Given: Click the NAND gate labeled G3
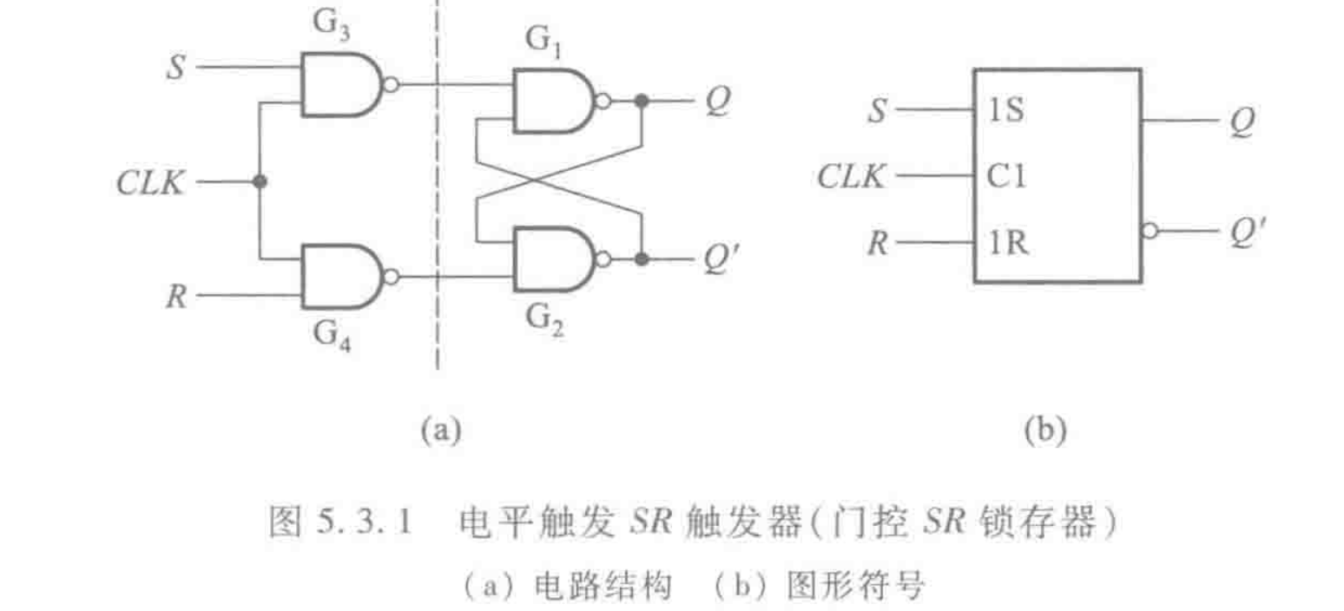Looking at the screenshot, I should (339, 84).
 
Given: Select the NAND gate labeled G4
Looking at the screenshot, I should (339, 276).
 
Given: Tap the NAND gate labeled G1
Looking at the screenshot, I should (552, 101).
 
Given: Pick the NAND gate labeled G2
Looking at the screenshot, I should (552, 259).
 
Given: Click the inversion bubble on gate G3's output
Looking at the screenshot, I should (391, 85).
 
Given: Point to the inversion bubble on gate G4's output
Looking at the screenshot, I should (391, 277).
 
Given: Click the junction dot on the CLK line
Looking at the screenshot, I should (260, 182).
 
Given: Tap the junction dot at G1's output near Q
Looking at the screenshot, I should (641, 102).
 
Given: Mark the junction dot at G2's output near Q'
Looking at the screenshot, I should (641, 260).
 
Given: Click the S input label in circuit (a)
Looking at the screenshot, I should (176, 68).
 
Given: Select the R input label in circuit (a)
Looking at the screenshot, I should (176, 297).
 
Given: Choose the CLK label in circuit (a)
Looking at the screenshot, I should (151, 183).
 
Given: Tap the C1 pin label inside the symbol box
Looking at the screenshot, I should (1007, 177).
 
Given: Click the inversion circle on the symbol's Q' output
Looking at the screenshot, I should (1150, 232).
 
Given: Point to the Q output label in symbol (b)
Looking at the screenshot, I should (1241, 122).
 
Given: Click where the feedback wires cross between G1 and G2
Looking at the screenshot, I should (557, 180).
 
